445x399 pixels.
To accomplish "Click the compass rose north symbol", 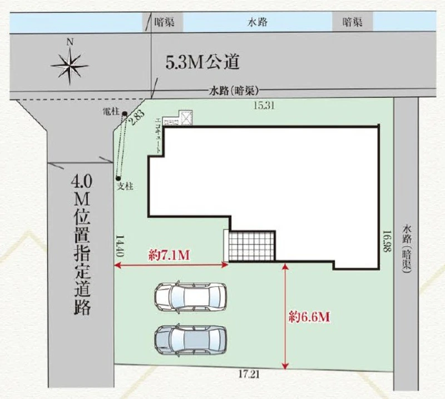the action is [70, 66].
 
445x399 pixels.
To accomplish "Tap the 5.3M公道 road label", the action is [202, 62].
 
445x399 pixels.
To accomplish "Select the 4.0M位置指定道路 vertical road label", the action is [82, 245].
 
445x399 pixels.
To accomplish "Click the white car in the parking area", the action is [191, 297].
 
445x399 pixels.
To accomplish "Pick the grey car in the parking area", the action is [191, 340].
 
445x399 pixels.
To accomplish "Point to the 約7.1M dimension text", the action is [169, 256].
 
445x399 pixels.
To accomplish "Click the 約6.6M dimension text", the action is [309, 317].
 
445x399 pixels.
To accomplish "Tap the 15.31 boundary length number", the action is [264, 106].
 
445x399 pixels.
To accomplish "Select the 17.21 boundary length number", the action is [249, 375].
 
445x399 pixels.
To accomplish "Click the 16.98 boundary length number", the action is [387, 241].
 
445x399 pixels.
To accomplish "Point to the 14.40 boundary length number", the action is [120, 246].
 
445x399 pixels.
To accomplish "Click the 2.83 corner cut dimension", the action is [136, 118].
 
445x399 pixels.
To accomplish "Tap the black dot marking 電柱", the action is [124, 114].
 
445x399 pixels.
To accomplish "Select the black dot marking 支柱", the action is [118, 178].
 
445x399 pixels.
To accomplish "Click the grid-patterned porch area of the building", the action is [252, 246].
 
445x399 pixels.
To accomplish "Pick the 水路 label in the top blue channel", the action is [258, 22].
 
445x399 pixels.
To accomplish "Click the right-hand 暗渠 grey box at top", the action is [352, 22].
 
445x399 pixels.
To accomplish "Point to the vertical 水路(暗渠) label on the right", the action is [407, 249].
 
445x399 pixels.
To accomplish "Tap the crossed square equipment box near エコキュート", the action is [186, 118].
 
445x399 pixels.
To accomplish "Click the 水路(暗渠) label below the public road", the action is [234, 91].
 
